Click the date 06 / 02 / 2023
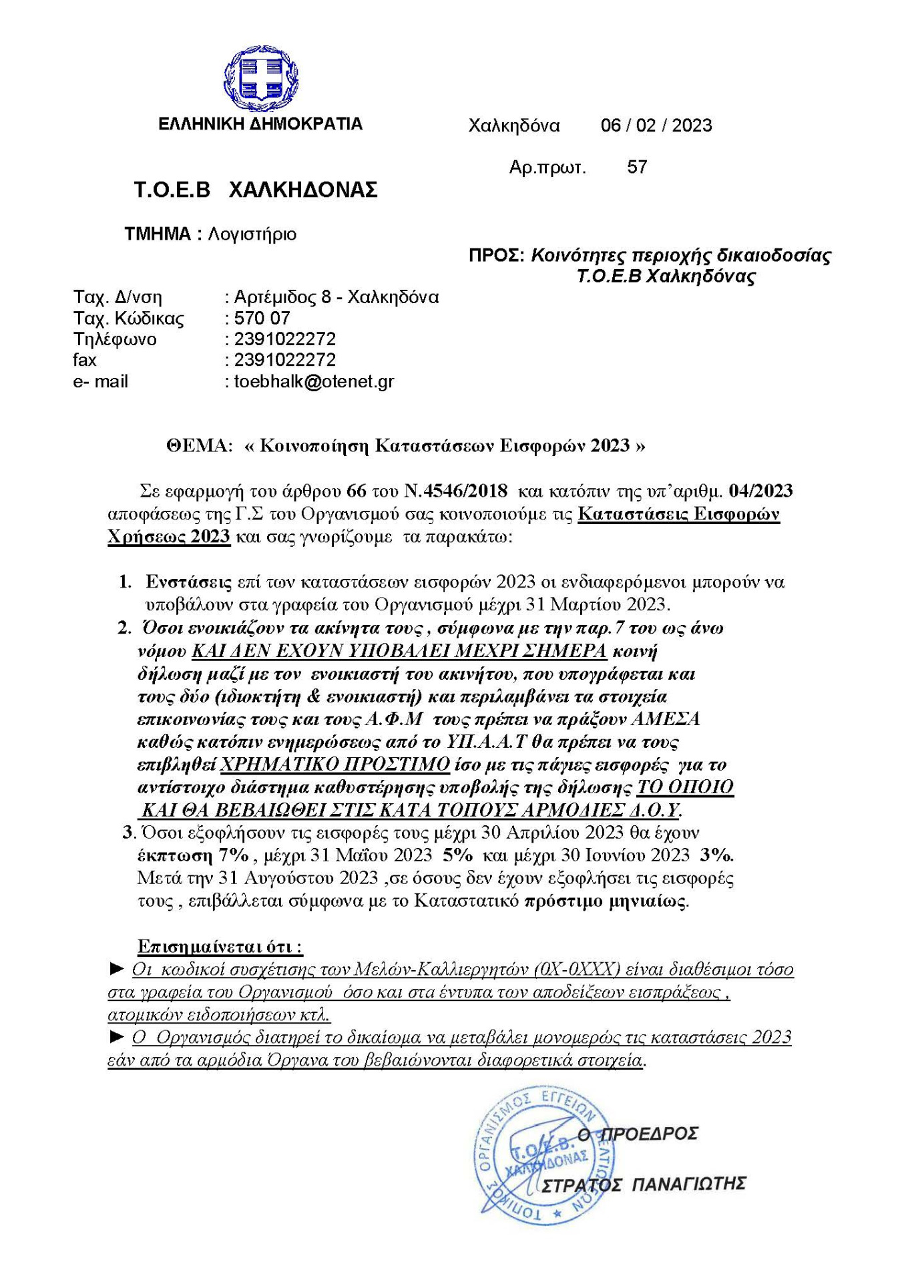tap(656, 126)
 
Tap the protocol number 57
tap(637, 167)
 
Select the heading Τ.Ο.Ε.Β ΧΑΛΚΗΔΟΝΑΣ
tap(256, 190)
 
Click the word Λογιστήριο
tap(252, 234)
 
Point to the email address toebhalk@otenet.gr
tap(314, 382)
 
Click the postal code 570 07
tap(262, 318)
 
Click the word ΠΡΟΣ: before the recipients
tap(496, 256)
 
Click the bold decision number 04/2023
tap(760, 491)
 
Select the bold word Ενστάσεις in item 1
tap(189, 582)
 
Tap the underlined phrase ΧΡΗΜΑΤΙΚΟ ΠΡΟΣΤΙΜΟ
tap(334, 765)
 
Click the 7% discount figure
tap(233, 855)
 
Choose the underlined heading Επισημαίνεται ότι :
tap(220, 946)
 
